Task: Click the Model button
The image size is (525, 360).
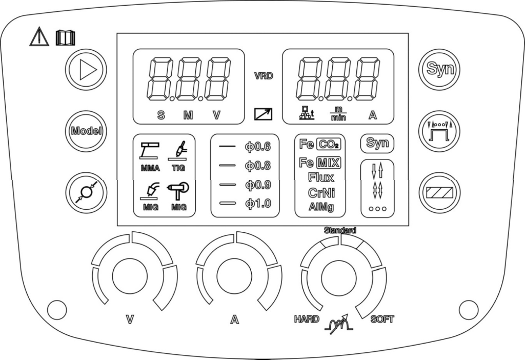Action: pos(86,131)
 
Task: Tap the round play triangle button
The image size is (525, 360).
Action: pos(86,69)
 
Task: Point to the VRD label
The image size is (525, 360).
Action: pos(264,76)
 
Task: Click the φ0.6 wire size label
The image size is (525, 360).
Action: pos(258,147)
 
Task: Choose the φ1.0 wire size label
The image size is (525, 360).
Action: pos(258,204)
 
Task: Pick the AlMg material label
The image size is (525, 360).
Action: pos(320,207)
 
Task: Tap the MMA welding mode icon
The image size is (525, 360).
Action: pos(150,157)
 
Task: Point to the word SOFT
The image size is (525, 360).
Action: pos(382,319)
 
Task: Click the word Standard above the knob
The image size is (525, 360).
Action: pos(340,231)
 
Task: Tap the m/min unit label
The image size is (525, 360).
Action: pos(337,114)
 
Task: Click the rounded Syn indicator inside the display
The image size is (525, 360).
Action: pos(377,143)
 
